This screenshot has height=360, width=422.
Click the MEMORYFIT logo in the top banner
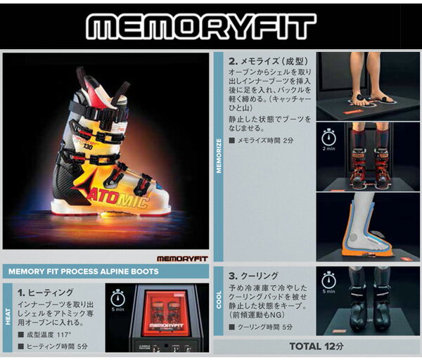click(211, 27)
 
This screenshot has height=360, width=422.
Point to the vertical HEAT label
click(8, 317)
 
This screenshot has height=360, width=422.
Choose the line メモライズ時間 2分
click(264, 141)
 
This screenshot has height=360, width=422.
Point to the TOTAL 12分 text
click(316, 346)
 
